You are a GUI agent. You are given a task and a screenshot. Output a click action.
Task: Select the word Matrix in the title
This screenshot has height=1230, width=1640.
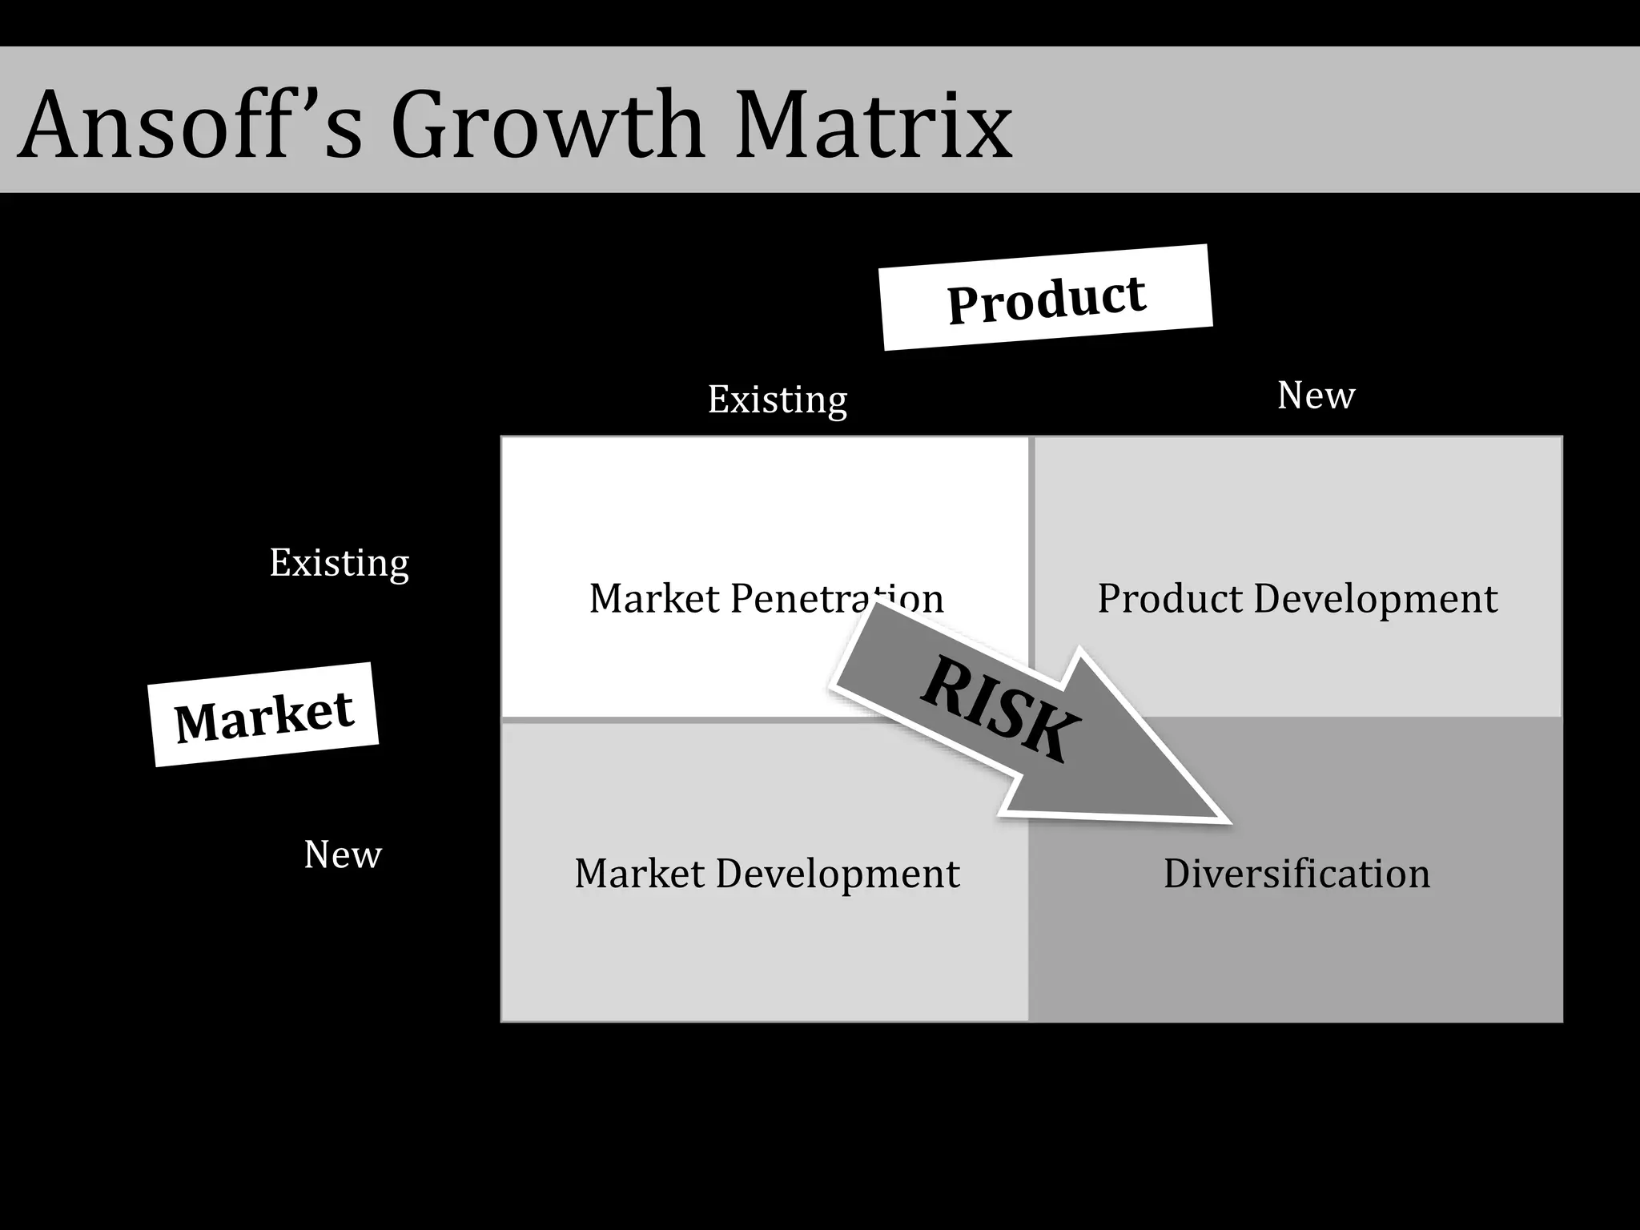tap(873, 125)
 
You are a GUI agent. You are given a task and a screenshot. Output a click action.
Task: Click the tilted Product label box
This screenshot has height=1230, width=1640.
tap(1046, 297)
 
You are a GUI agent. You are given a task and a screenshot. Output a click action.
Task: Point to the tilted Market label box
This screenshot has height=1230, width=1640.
tap(263, 714)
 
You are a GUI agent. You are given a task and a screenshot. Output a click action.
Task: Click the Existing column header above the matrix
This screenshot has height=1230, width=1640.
tap(777, 400)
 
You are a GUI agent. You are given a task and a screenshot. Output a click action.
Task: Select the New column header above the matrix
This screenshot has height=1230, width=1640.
tap(1316, 395)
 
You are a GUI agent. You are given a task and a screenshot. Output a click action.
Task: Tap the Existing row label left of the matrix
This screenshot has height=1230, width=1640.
tap(339, 563)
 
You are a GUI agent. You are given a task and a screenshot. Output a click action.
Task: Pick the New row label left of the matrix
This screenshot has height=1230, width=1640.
tap(343, 854)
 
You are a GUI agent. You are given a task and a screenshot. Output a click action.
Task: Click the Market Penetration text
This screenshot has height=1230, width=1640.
tap(766, 598)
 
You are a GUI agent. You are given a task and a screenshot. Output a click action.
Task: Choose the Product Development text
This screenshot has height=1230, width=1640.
tap(1296, 598)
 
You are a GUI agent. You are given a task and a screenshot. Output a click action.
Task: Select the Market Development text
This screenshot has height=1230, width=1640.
tap(766, 873)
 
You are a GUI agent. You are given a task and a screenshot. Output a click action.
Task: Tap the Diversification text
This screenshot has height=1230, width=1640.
tap(1296, 873)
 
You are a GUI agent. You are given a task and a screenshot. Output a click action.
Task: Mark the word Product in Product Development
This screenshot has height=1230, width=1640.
tap(1170, 598)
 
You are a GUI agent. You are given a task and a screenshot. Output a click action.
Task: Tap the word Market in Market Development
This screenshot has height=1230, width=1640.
tap(639, 873)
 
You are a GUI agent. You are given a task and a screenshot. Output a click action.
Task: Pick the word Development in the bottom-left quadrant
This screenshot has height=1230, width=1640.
tap(837, 873)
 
